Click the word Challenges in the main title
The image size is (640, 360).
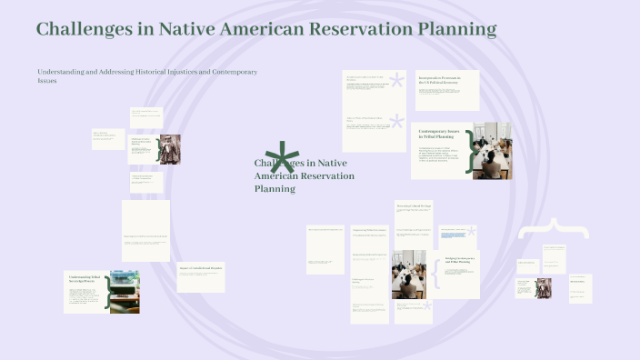tap(83, 29)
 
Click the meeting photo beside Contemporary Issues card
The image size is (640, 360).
tap(492, 149)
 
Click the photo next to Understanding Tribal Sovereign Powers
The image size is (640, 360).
tap(125, 292)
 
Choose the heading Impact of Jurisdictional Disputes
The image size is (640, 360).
tap(199, 267)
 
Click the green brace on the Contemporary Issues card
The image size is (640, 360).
tap(470, 150)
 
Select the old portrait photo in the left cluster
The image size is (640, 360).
tap(170, 149)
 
